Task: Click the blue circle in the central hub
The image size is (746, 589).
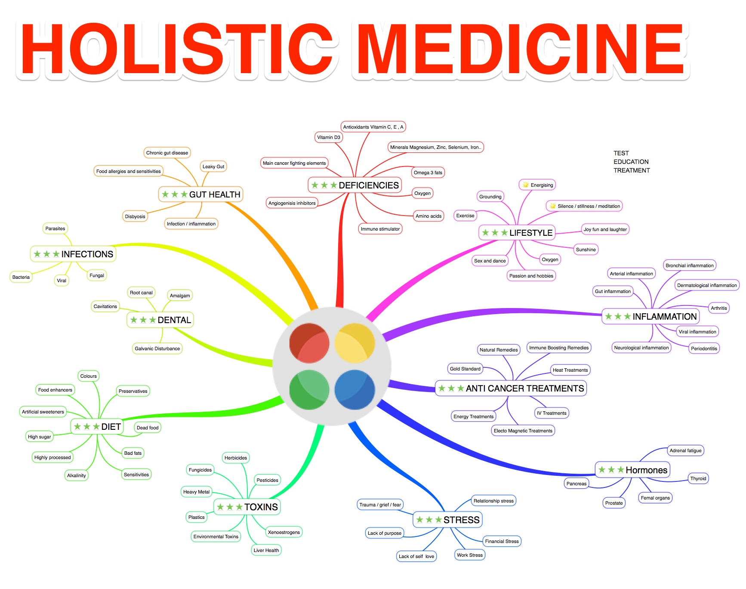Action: pos(355,390)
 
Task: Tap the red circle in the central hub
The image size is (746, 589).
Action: pos(309,343)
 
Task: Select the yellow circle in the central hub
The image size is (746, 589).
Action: pos(355,343)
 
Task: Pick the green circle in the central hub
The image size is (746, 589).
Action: pos(309,390)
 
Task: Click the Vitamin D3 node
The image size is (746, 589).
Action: pos(329,137)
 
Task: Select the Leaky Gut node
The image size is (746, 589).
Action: pos(213,167)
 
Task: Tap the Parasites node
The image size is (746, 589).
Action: pos(55,228)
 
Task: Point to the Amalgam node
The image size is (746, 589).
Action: pos(180,296)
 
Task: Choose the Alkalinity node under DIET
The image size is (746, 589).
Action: pos(77,475)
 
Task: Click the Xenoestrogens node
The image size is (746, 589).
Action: pos(284,532)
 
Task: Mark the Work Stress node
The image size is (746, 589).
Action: pos(470,555)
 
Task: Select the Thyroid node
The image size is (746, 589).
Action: pos(698,478)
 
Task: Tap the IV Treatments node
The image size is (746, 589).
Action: pos(552,413)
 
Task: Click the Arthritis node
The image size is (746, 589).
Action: pos(719,308)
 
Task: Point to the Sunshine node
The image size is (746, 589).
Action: pos(586,250)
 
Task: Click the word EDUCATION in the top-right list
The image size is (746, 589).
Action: pos(631,162)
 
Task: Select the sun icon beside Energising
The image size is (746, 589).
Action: pos(526,185)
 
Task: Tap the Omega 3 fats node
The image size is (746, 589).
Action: pos(428,173)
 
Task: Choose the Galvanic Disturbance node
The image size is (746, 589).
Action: pos(157,348)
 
